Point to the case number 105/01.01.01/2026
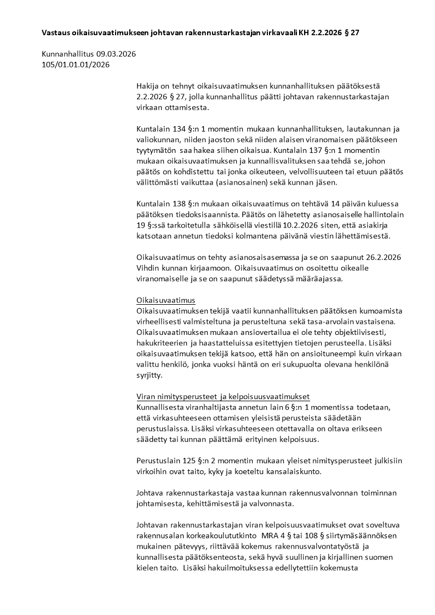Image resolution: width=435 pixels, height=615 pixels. [x=76, y=65]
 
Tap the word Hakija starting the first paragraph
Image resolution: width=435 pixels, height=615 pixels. [x=148, y=87]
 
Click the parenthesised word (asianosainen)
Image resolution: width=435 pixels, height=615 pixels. [x=240, y=182]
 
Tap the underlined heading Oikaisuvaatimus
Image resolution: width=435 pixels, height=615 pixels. [x=165, y=300]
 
